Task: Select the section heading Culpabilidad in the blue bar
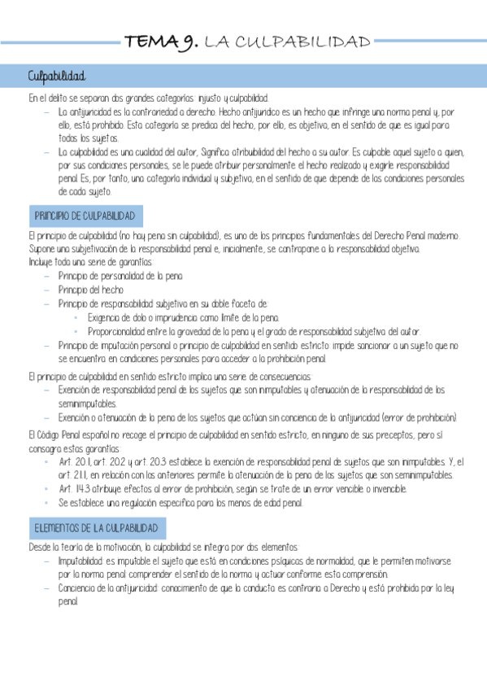point(56,76)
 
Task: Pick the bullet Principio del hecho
point(91,290)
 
